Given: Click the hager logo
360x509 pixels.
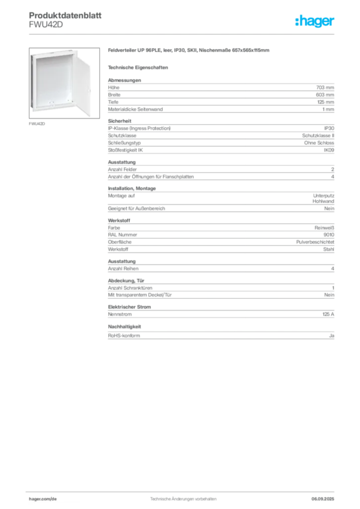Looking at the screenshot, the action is click(314, 21).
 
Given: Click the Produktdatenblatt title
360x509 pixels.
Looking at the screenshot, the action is click(65, 15).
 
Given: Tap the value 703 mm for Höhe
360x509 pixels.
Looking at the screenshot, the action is click(325, 87).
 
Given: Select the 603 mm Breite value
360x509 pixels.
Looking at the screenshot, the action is click(325, 95).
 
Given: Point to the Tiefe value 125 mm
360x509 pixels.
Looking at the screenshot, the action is click(326, 102).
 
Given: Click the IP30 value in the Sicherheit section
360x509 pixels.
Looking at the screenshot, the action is click(329, 128).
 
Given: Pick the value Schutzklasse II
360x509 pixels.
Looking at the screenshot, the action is click(318, 136).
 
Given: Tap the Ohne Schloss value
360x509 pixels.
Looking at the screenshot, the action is click(319, 143).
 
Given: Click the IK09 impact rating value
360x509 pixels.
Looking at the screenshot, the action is click(329, 150).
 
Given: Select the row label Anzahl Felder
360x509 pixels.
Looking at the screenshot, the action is click(122, 170).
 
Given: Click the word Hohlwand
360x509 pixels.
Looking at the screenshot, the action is click(323, 201).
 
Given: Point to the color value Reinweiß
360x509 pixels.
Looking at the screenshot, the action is click(324, 228).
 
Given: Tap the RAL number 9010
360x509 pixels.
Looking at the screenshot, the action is click(329, 235).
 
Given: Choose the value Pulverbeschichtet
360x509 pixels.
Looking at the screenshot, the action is click(315, 242).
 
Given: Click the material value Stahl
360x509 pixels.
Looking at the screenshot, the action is click(329, 250).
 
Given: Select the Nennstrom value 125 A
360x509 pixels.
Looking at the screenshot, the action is click(328, 314).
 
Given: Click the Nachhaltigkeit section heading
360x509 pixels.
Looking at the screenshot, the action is click(124, 327).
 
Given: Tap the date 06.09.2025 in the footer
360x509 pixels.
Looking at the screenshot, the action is click(323, 499).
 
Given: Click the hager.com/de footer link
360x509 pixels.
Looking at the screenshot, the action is click(43, 499).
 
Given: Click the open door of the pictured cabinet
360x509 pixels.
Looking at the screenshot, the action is click(82, 83).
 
